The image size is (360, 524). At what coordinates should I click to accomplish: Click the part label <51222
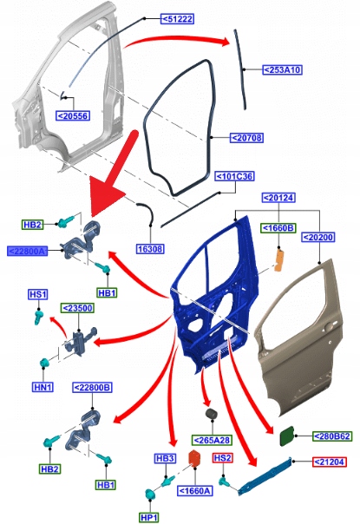[177, 19]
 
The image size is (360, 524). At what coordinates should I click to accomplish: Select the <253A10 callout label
[282, 70]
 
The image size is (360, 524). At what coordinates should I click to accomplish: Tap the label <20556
[73, 116]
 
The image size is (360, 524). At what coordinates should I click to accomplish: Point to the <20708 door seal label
[246, 138]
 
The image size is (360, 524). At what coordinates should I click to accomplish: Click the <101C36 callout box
[234, 176]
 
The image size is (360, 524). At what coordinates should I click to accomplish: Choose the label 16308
[150, 249]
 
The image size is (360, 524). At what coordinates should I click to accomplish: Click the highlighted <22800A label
[27, 251]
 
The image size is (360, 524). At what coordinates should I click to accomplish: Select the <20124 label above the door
[278, 198]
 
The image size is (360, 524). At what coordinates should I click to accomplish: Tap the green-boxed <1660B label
[278, 228]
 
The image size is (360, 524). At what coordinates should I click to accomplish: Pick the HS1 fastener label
[38, 294]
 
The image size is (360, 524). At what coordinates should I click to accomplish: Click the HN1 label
[43, 387]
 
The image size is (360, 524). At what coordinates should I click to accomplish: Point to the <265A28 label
[212, 440]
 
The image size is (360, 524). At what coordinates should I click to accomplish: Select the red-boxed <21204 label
[330, 462]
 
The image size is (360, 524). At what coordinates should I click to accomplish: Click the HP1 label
[148, 518]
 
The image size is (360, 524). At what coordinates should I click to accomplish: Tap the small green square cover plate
[287, 436]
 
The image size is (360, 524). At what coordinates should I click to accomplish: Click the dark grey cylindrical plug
[212, 414]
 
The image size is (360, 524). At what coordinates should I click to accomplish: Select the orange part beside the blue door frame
[279, 259]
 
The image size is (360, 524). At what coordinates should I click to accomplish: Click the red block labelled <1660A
[194, 458]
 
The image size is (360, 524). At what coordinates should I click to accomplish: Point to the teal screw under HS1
[38, 318]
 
